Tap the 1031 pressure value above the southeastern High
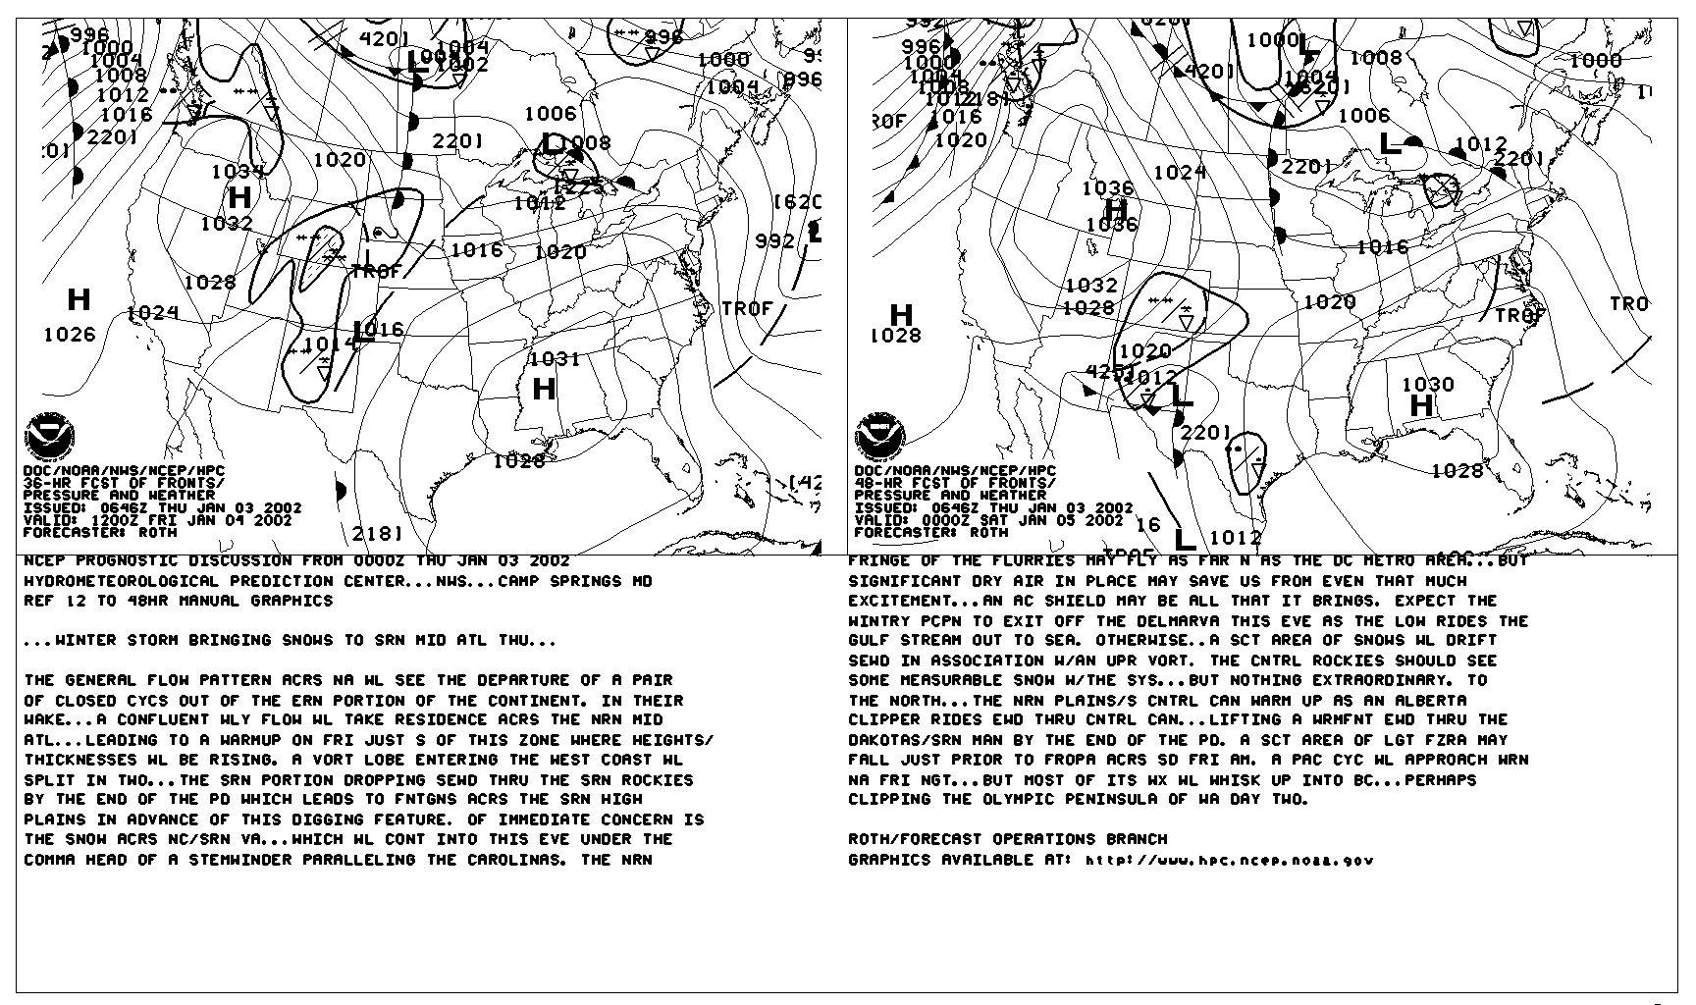click(555, 359)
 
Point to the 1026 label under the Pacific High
click(70, 335)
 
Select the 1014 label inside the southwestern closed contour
click(330, 344)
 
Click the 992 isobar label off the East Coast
click(775, 240)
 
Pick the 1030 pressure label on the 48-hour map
click(1428, 385)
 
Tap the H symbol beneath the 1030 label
click(1421, 405)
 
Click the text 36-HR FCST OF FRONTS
click(124, 483)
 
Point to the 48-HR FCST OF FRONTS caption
click(955, 483)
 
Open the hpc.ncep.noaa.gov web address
click(1229, 861)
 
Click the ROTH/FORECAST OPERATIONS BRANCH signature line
click(1008, 839)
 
